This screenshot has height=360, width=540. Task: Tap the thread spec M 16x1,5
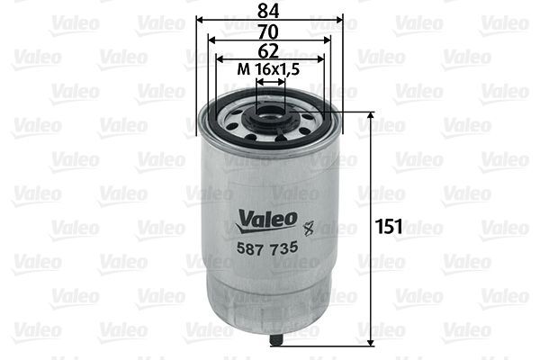coord(269,68)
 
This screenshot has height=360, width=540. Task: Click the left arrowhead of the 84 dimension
coord(200,20)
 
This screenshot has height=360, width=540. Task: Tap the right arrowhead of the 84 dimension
coord(340,20)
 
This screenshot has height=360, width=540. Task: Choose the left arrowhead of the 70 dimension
coord(211,40)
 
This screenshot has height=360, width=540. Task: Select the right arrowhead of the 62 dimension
coord(321,59)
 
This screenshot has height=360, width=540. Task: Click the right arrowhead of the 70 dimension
coord(328,40)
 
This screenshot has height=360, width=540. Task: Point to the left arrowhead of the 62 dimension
coord(219,59)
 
